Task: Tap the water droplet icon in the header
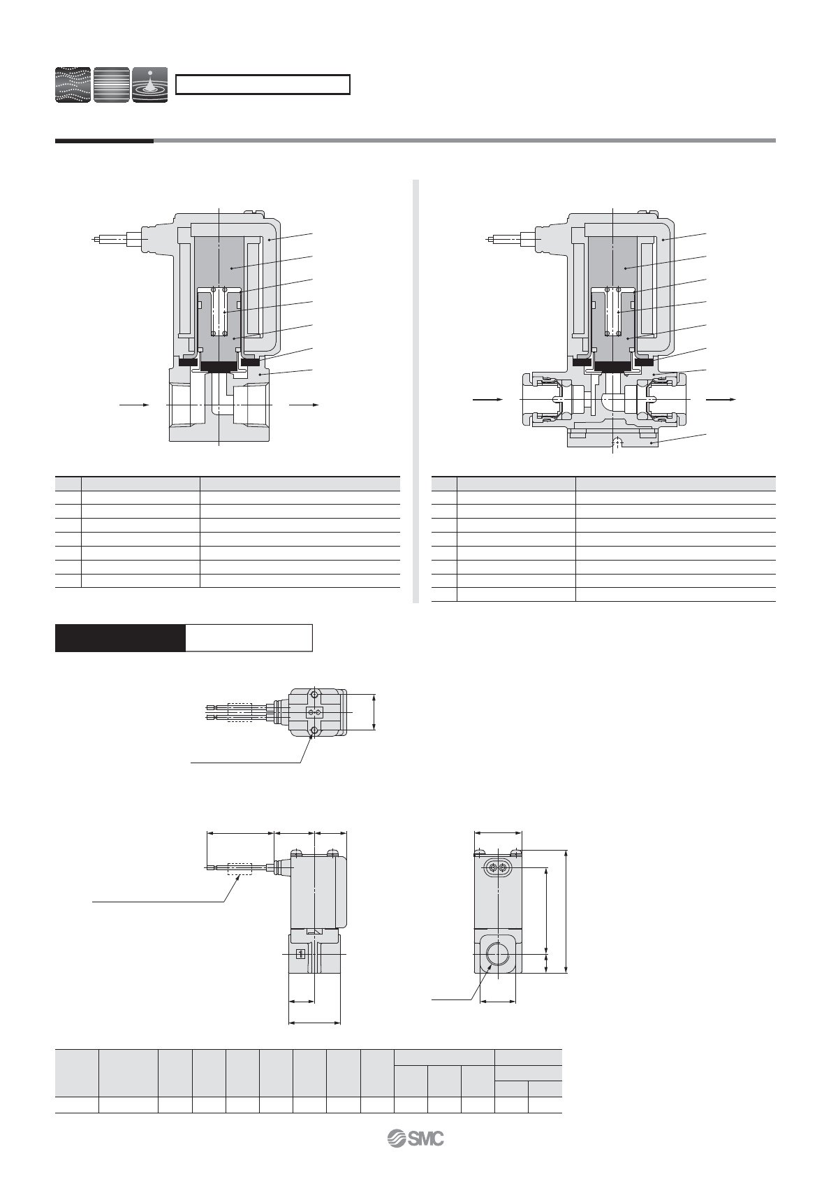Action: pyautogui.click(x=150, y=85)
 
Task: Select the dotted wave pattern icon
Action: pyautogui.click(x=73, y=85)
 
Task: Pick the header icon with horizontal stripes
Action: pyautogui.click(x=111, y=85)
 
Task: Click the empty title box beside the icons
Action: pyautogui.click(x=263, y=85)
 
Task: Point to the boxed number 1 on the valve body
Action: pyautogui.click(x=301, y=953)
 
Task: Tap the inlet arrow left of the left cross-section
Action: pyautogui.click(x=134, y=405)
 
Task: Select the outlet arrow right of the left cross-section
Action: pyautogui.click(x=304, y=405)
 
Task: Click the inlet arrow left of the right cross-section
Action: pyautogui.click(x=488, y=400)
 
